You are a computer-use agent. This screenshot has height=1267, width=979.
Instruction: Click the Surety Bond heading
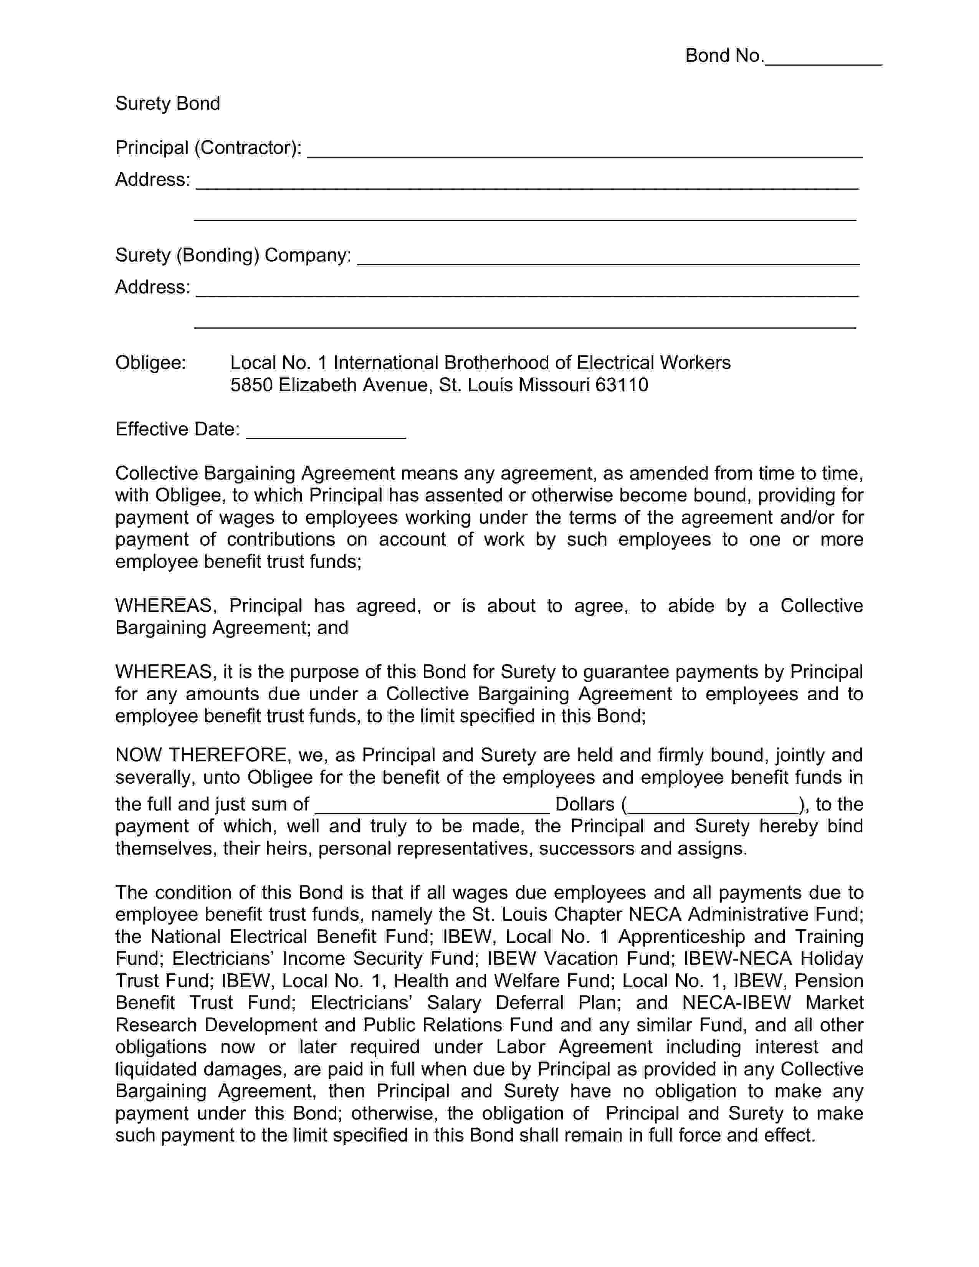[x=168, y=104]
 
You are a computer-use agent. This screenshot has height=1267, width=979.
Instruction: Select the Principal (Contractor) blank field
[x=585, y=151]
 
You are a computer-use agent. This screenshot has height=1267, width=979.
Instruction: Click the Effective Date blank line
[x=326, y=432]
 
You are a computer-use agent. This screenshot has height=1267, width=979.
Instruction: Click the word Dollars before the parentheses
[x=585, y=804]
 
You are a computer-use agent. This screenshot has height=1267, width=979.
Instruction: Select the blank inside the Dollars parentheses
[x=713, y=806]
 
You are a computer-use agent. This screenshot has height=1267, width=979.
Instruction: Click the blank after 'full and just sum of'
[x=432, y=806]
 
